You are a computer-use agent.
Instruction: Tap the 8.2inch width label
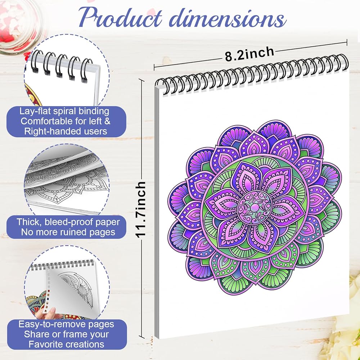point(249,54)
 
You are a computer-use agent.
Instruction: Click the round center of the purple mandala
point(255,208)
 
